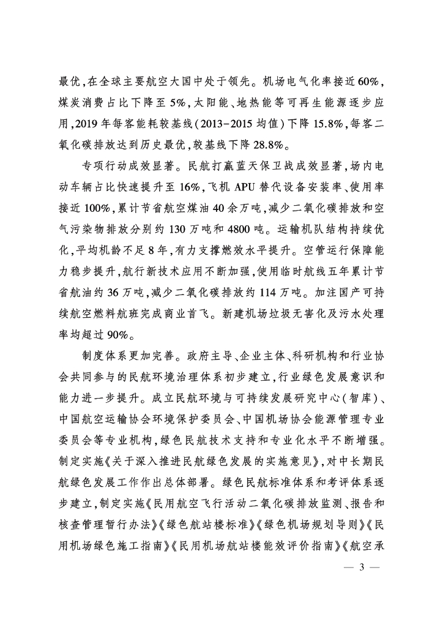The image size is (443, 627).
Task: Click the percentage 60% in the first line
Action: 369,81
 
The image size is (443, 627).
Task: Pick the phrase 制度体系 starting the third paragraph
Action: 100,361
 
